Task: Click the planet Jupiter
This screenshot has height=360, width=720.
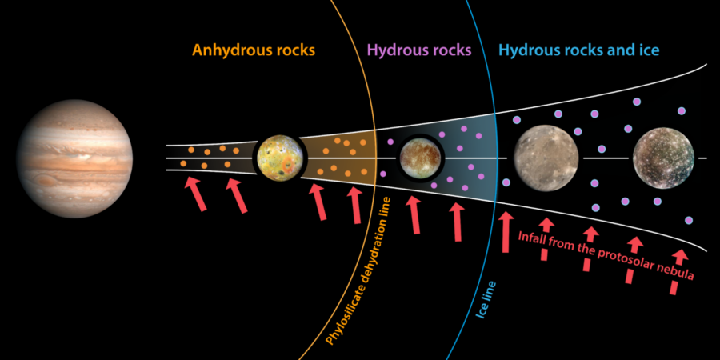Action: [75, 159]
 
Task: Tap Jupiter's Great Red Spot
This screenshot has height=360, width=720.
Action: [45, 179]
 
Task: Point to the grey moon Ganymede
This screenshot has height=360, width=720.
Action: [546, 158]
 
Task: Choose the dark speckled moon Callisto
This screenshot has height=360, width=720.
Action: [662, 158]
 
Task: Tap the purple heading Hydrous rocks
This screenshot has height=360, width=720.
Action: [420, 50]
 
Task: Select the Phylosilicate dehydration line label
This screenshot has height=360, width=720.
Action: [358, 271]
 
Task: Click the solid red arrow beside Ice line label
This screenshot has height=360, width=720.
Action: [506, 232]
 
